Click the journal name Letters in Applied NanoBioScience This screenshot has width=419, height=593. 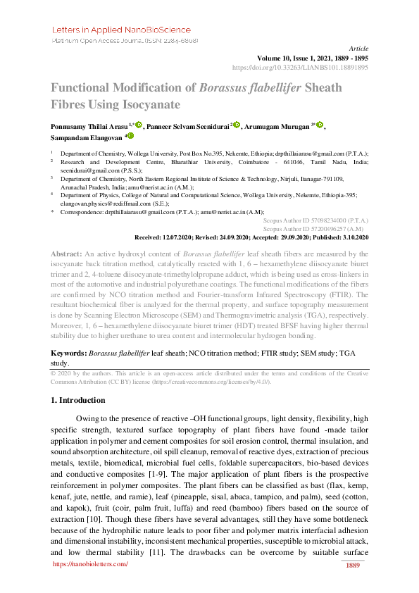click(121, 30)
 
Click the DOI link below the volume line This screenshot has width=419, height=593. click(300, 68)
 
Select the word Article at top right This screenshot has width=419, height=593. click(359, 48)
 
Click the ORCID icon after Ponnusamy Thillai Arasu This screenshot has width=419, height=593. click(139, 125)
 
